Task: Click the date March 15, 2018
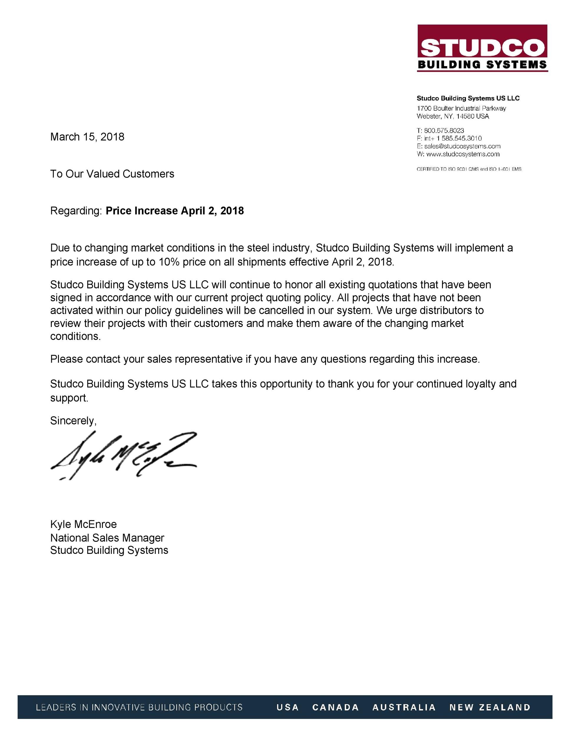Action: pyautogui.click(x=87, y=137)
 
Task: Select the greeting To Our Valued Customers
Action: pyautogui.click(x=112, y=174)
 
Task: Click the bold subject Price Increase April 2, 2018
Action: pyautogui.click(x=175, y=210)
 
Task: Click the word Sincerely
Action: pyautogui.click(x=73, y=420)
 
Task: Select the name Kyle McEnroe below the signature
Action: pyautogui.click(x=83, y=524)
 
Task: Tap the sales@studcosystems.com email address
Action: pyautogui.click(x=462, y=146)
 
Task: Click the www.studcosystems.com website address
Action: pyautogui.click(x=462, y=154)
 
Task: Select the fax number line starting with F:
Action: pyautogui.click(x=449, y=138)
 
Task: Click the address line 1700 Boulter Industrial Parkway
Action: pyautogui.click(x=461, y=108)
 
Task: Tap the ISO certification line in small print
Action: pyautogui.click(x=469, y=169)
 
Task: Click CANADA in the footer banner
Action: pyautogui.click(x=335, y=707)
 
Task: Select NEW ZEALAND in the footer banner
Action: pyautogui.click(x=490, y=707)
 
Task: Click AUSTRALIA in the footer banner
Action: pyautogui.click(x=404, y=707)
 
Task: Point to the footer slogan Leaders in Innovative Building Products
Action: pyautogui.click(x=139, y=707)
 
